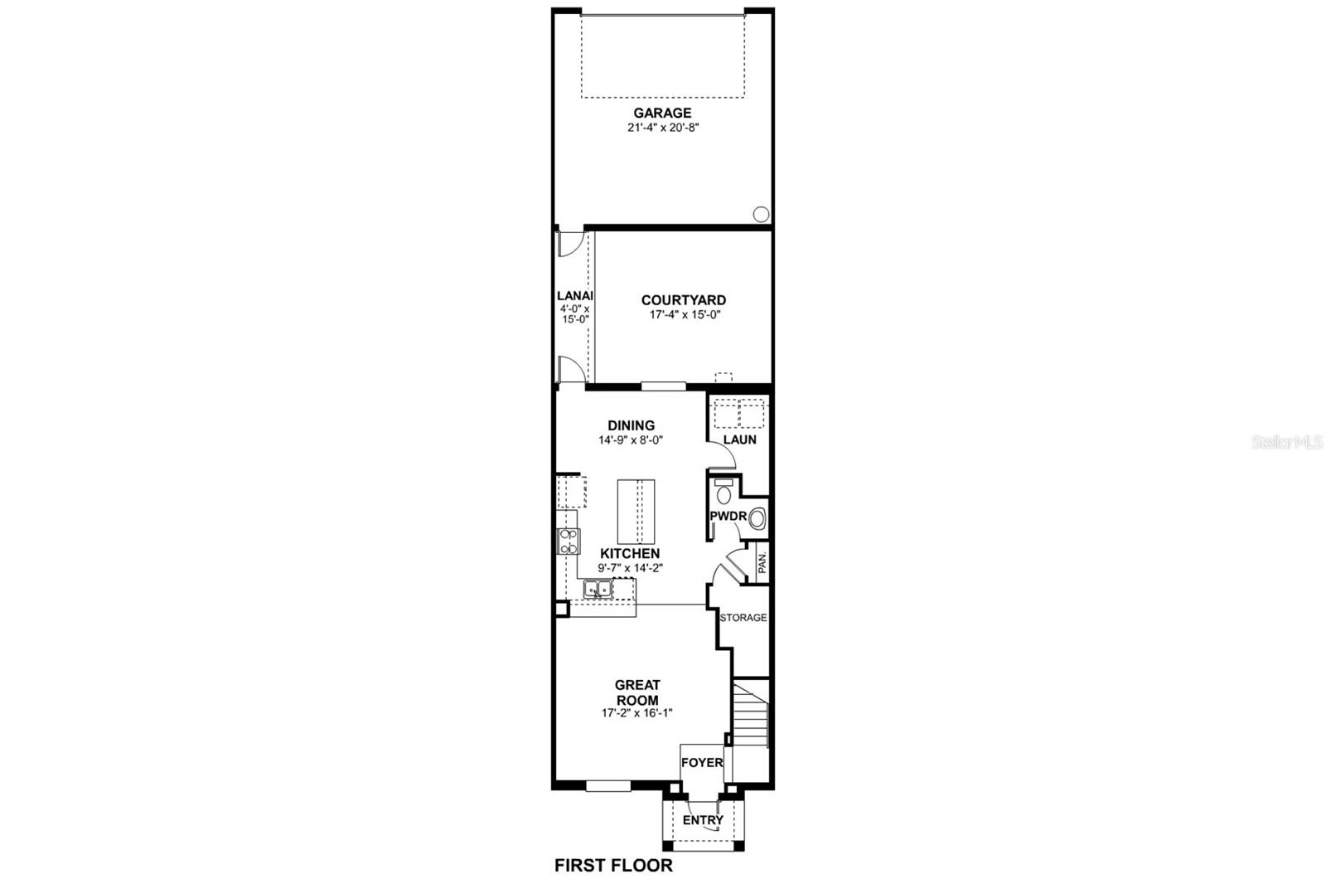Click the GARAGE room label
(662, 113)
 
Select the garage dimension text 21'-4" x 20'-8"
(662, 128)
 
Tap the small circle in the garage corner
(760, 214)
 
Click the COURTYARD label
(683, 300)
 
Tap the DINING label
(632, 425)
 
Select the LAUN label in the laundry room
(739, 440)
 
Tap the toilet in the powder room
(723, 493)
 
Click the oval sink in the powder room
(757, 521)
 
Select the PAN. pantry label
(762, 563)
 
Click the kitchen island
(636, 510)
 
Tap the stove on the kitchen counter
(568, 541)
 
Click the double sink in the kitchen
(597, 590)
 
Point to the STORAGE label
(743, 618)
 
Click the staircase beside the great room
(752, 715)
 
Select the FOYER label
(701, 762)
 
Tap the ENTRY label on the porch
(703, 820)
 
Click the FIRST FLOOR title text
(613, 866)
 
